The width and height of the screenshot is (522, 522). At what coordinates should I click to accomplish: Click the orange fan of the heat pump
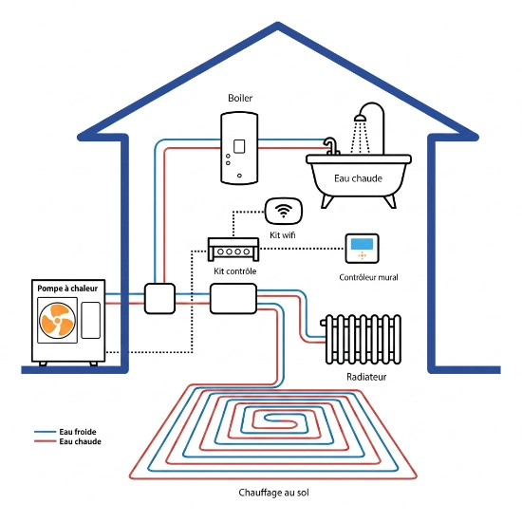(57, 320)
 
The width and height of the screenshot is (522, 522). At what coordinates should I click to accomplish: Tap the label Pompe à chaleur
(67, 289)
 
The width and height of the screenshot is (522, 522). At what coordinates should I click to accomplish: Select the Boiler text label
(240, 98)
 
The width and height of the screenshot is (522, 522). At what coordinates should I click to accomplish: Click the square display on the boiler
(239, 146)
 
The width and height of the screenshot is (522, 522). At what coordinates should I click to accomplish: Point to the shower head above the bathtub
(361, 118)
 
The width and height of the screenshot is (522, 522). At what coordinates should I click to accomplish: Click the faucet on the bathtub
(331, 146)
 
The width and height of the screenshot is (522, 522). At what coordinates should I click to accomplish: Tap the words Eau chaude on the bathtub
(358, 178)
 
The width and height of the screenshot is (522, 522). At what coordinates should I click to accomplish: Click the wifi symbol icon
(284, 211)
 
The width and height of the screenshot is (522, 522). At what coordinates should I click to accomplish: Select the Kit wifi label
(282, 235)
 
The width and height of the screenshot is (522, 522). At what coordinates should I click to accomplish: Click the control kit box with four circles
(233, 249)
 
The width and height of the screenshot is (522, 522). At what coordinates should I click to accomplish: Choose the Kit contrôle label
(235, 271)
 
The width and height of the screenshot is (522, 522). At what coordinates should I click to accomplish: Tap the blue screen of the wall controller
(362, 243)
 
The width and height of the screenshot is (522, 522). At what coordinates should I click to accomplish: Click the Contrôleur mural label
(368, 277)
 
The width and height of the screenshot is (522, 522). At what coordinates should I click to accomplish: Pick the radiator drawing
(362, 339)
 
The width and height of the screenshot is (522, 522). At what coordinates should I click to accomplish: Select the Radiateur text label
(366, 377)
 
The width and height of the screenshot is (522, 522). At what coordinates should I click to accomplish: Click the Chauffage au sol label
(273, 493)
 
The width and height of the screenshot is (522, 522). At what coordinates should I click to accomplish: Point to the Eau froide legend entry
(65, 432)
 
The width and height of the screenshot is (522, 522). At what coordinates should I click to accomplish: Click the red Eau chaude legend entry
(67, 441)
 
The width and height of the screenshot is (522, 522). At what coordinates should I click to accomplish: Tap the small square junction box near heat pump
(159, 299)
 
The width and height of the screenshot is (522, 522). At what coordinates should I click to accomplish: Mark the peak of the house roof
(278, 24)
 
